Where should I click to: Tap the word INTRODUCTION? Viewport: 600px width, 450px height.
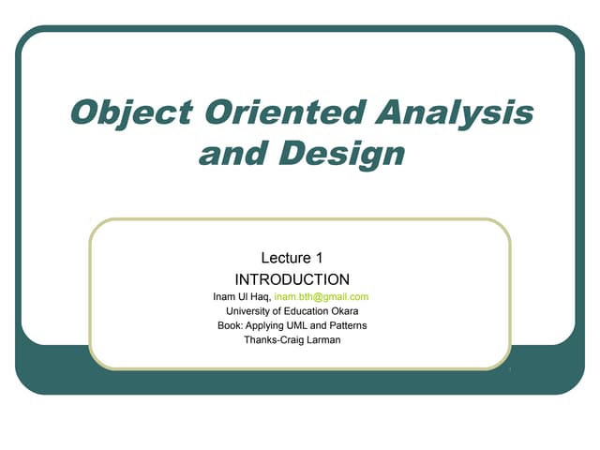click(292, 279)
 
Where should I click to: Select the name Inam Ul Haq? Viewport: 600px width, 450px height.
click(241, 297)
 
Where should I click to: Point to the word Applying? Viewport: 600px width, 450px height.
click(265, 325)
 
